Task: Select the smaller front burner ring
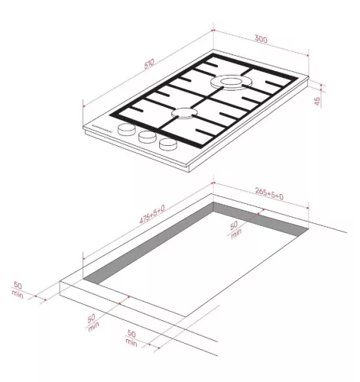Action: click(186, 113)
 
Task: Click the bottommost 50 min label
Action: click(131, 338)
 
